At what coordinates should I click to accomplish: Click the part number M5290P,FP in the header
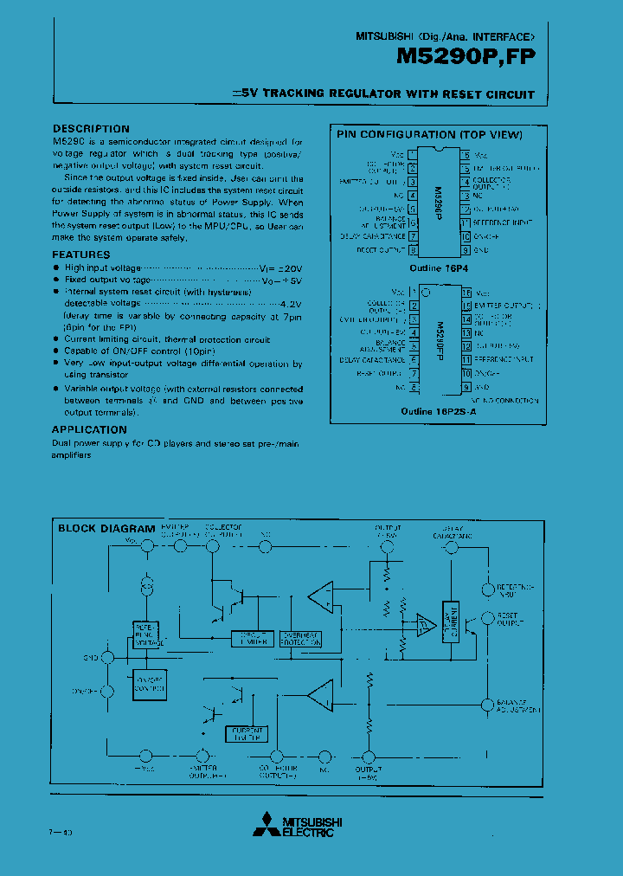click(466, 57)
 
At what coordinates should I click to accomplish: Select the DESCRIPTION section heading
click(91, 129)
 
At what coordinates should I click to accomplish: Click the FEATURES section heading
click(81, 254)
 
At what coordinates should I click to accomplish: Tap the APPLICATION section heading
click(89, 429)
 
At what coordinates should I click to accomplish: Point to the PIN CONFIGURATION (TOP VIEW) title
click(429, 135)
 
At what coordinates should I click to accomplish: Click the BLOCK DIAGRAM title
click(106, 528)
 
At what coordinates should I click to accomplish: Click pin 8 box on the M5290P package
click(413, 250)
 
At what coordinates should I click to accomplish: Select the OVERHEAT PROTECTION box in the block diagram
click(300, 639)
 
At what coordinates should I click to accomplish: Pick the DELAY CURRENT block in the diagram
click(449, 622)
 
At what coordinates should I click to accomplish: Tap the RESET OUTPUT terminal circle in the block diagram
click(486, 618)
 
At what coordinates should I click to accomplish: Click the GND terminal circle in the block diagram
click(107, 658)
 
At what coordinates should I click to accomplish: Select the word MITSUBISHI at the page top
click(385, 37)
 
